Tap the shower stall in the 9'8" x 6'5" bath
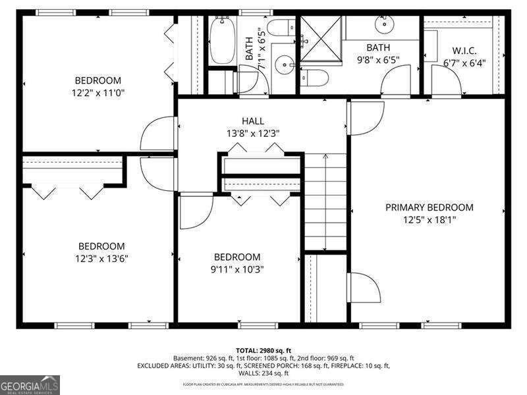tap(322, 40)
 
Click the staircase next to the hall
tap(325, 201)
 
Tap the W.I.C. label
tap(464, 50)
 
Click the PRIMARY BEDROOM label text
tap(429, 207)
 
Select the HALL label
tap(253, 121)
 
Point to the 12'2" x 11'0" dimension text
tap(98, 93)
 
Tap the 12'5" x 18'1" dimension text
tap(429, 219)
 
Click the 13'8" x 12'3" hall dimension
tap(253, 133)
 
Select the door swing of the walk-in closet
tap(451, 80)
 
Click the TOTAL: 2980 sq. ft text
tap(263, 350)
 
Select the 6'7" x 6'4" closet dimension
tap(464, 63)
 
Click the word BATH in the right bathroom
tap(378, 47)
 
